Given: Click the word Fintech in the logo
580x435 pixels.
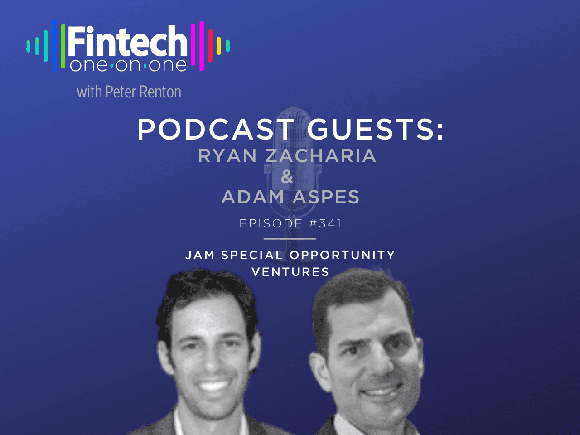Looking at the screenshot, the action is [x=128, y=41].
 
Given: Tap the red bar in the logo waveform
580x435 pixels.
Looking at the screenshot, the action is [x=210, y=46].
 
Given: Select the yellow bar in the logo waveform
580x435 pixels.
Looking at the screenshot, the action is [x=219, y=46].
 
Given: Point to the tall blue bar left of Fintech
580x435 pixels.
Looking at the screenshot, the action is [x=54, y=46].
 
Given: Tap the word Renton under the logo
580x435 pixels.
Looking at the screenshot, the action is [x=160, y=92].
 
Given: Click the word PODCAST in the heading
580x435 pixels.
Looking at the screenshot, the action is [x=216, y=129].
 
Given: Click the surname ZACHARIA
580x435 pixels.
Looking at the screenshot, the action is [x=321, y=155].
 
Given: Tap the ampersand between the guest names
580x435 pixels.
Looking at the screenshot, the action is [x=287, y=176].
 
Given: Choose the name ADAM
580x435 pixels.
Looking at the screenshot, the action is [x=253, y=197].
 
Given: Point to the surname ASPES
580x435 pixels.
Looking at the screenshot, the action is [x=326, y=197].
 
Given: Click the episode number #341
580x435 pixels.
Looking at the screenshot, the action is [x=325, y=223].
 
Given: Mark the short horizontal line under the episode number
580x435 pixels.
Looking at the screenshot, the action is [x=290, y=239].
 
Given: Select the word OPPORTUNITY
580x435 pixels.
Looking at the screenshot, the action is [x=342, y=255].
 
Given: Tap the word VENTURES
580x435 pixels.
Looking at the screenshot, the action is [x=290, y=272].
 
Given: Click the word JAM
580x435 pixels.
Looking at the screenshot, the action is [x=200, y=255].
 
